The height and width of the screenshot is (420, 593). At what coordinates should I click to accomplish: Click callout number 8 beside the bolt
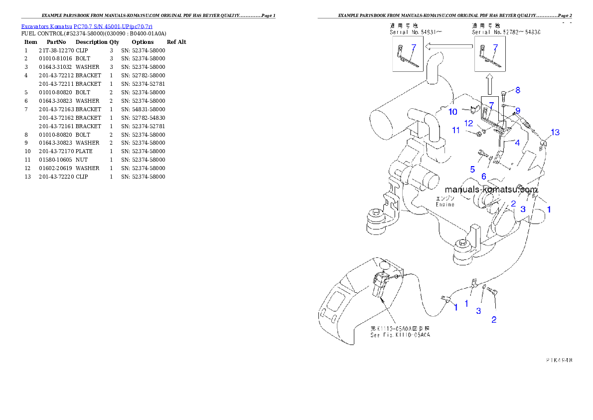pyautogui.click(x=518, y=90)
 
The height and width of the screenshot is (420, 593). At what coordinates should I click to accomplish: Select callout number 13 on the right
pyautogui.click(x=555, y=132)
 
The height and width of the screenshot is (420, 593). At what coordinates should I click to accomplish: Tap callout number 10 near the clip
pyautogui.click(x=452, y=112)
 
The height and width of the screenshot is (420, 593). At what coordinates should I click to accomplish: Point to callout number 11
pyautogui.click(x=455, y=130)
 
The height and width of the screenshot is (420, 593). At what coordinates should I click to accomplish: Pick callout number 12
pyautogui.click(x=469, y=123)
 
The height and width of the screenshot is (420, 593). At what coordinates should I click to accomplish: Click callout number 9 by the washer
pyautogui.click(x=518, y=110)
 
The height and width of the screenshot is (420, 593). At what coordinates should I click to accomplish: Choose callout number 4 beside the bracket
pyautogui.click(x=517, y=143)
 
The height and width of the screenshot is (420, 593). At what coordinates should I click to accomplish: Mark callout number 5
pyautogui.click(x=472, y=169)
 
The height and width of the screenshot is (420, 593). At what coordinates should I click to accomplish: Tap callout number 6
pyautogui.click(x=483, y=176)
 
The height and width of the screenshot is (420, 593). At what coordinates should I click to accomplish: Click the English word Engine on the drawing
pyautogui.click(x=445, y=204)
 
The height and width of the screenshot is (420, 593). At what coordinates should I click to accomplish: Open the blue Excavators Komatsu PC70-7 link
pyautogui.click(x=87, y=26)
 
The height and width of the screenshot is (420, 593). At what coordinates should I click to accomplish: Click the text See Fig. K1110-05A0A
pyautogui.click(x=400, y=335)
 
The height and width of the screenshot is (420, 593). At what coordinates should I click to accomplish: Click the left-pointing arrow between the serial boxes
pyautogui.click(x=448, y=46)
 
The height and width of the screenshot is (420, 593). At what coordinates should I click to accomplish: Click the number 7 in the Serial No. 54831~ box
pyautogui.click(x=413, y=47)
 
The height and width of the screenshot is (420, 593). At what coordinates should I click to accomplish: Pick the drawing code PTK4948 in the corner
pyautogui.click(x=558, y=359)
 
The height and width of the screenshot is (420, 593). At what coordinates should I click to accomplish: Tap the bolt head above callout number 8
pyautogui.click(x=503, y=93)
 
